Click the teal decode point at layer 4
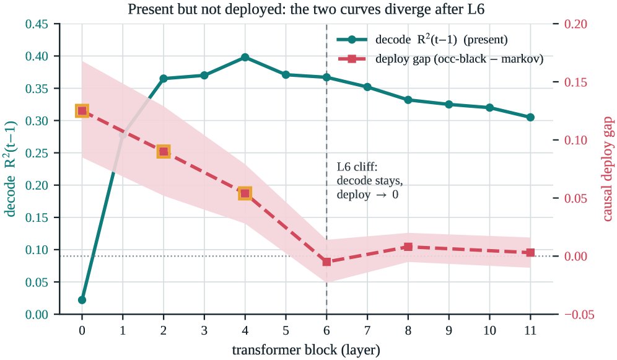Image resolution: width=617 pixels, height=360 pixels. pyautogui.click(x=245, y=58)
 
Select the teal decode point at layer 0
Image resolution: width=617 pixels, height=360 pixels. pyautogui.click(x=82, y=300)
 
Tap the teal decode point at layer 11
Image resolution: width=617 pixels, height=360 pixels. pyautogui.click(x=530, y=117)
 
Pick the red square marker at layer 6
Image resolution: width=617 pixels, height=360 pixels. pyautogui.click(x=326, y=261)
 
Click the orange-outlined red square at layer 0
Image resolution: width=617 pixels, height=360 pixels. pyautogui.click(x=82, y=111)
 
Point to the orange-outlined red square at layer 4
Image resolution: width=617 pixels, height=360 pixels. pyautogui.click(x=245, y=193)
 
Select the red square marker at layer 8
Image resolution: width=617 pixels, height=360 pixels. pyautogui.click(x=408, y=247)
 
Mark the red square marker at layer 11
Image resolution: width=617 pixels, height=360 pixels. pyautogui.click(x=530, y=253)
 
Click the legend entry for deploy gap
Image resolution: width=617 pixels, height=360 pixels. pyautogui.click(x=440, y=59)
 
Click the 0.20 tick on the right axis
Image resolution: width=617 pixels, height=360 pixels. pyautogui.click(x=575, y=24)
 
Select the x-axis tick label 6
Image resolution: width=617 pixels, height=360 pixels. pyautogui.click(x=326, y=330)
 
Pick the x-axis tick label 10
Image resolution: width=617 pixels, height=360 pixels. pyautogui.click(x=489, y=330)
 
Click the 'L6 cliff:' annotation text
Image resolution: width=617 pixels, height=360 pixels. pyautogui.click(x=357, y=167)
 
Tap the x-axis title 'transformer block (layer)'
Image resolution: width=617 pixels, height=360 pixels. pyautogui.click(x=306, y=349)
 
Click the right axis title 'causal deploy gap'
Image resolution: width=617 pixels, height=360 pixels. pyautogui.click(x=608, y=169)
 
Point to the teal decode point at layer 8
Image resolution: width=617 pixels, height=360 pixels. pyautogui.click(x=408, y=100)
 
